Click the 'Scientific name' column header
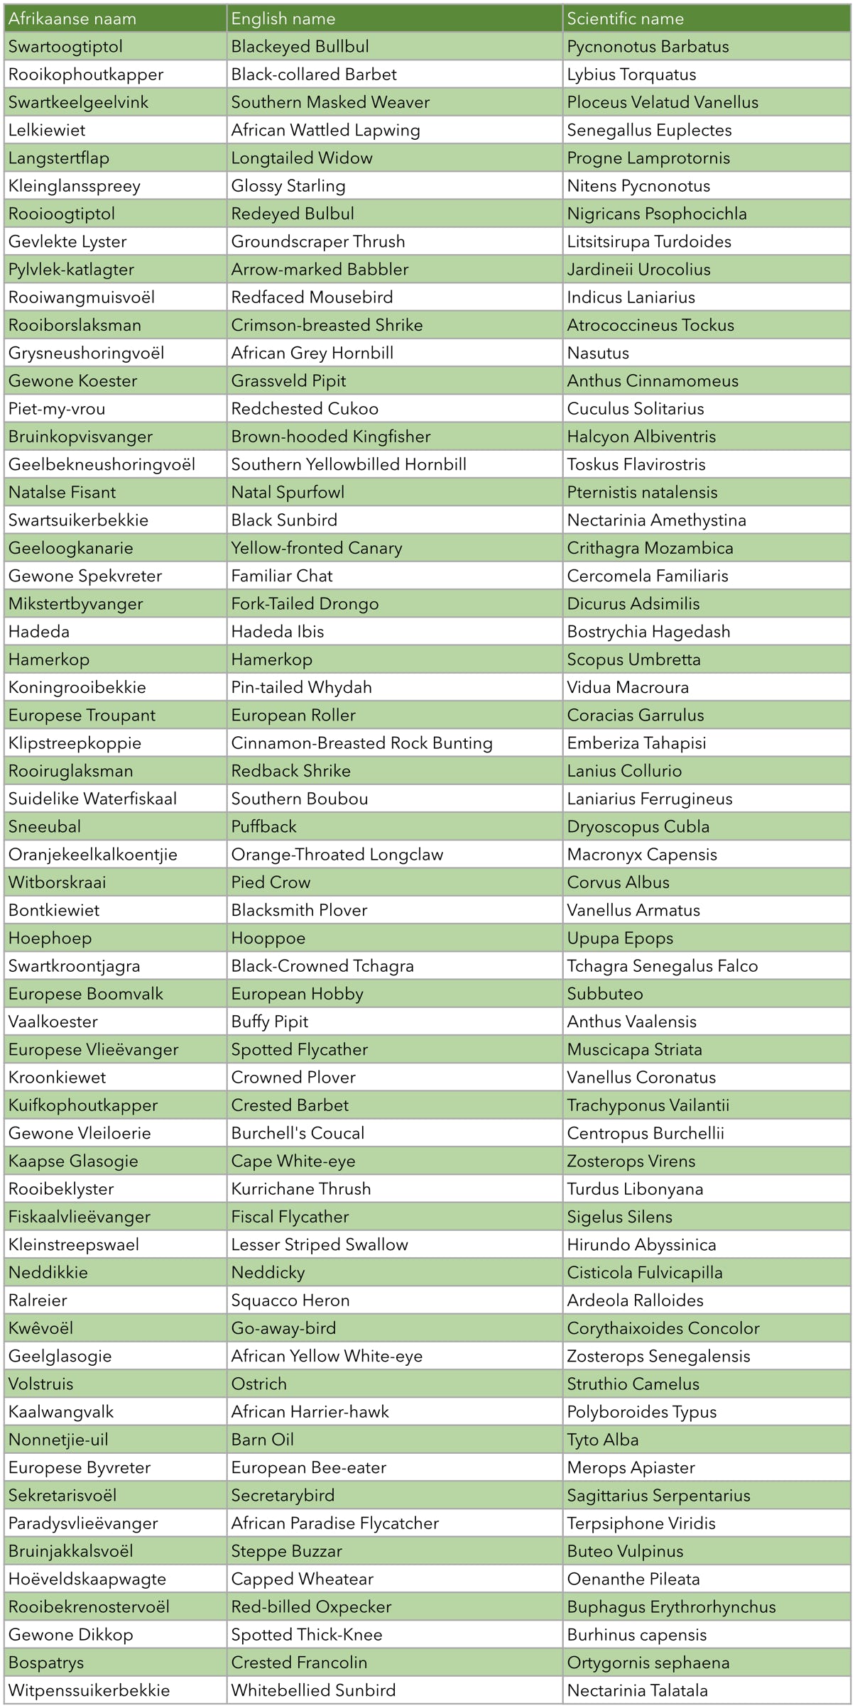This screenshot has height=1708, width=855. click(x=625, y=18)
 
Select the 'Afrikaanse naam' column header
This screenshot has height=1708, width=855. click(x=72, y=18)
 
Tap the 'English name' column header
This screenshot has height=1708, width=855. click(x=283, y=18)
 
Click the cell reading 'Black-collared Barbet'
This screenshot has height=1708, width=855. click(x=314, y=75)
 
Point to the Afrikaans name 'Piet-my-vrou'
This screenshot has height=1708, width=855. click(x=57, y=409)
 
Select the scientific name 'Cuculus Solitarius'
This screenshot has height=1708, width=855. click(x=636, y=409)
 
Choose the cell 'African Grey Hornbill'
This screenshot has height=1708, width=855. click(x=312, y=353)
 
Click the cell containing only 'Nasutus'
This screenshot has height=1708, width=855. click(x=598, y=353)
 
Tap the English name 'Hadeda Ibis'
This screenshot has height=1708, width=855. click(x=278, y=631)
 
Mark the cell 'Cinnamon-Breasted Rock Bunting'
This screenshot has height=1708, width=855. click(x=362, y=743)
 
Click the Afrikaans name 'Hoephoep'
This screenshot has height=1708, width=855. click(x=50, y=938)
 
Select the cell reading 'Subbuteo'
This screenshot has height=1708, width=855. click(x=605, y=993)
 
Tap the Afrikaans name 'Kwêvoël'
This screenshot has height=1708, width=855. click(x=40, y=1327)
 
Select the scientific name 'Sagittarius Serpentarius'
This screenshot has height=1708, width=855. click(x=658, y=1495)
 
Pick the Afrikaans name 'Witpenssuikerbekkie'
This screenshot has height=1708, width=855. click(x=89, y=1690)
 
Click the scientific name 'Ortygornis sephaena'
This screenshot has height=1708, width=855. click(x=648, y=1662)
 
